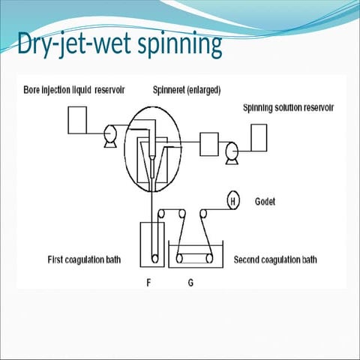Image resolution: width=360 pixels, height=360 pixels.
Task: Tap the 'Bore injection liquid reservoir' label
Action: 73,91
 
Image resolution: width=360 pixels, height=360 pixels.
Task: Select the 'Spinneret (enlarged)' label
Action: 187,91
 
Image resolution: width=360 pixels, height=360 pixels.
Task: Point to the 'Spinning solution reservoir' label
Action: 288,108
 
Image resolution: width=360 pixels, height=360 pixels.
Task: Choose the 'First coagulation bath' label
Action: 83,260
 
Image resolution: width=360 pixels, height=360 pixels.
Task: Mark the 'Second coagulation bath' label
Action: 275,260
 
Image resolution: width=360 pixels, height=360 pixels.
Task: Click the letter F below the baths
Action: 148,283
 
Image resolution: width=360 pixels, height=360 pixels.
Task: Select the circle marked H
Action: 233,201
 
